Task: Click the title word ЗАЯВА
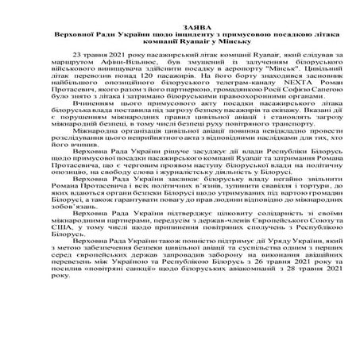click(180, 27)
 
